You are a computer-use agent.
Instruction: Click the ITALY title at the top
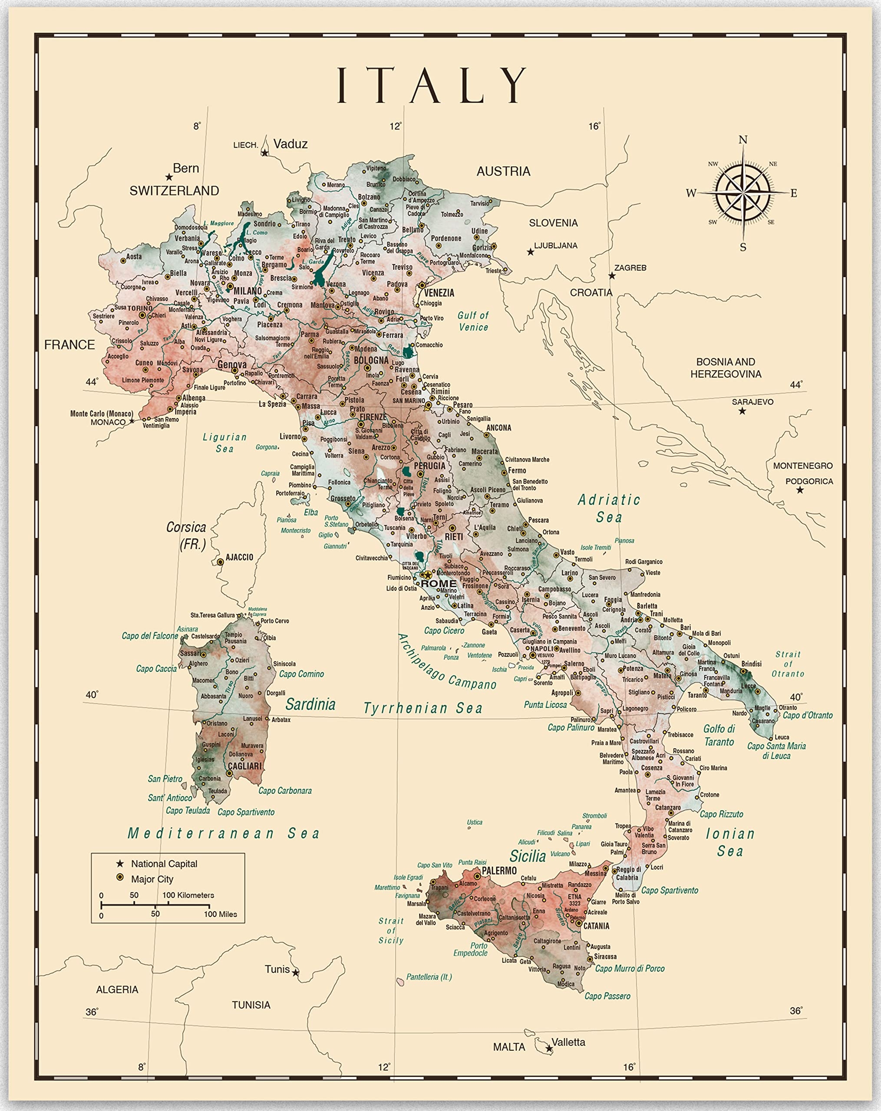pos(432,85)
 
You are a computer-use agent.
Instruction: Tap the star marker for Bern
pos(169,177)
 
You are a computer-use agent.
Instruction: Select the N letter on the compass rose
pos(743,140)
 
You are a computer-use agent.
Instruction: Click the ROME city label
pos(439,583)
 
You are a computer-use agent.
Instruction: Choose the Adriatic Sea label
pos(609,508)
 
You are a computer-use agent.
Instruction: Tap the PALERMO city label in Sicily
pos(499,870)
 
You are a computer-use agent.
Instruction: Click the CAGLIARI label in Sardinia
pos(245,766)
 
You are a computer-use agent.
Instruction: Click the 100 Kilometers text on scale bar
pos(188,895)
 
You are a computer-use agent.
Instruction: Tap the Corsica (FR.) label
pos(186,535)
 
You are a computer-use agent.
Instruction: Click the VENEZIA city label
pos(439,293)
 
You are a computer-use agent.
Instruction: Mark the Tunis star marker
pos(295,973)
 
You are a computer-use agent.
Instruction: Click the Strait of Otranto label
pos(788,664)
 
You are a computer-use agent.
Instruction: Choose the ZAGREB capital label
pos(630,267)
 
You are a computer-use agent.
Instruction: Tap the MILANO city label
pos(248,291)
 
